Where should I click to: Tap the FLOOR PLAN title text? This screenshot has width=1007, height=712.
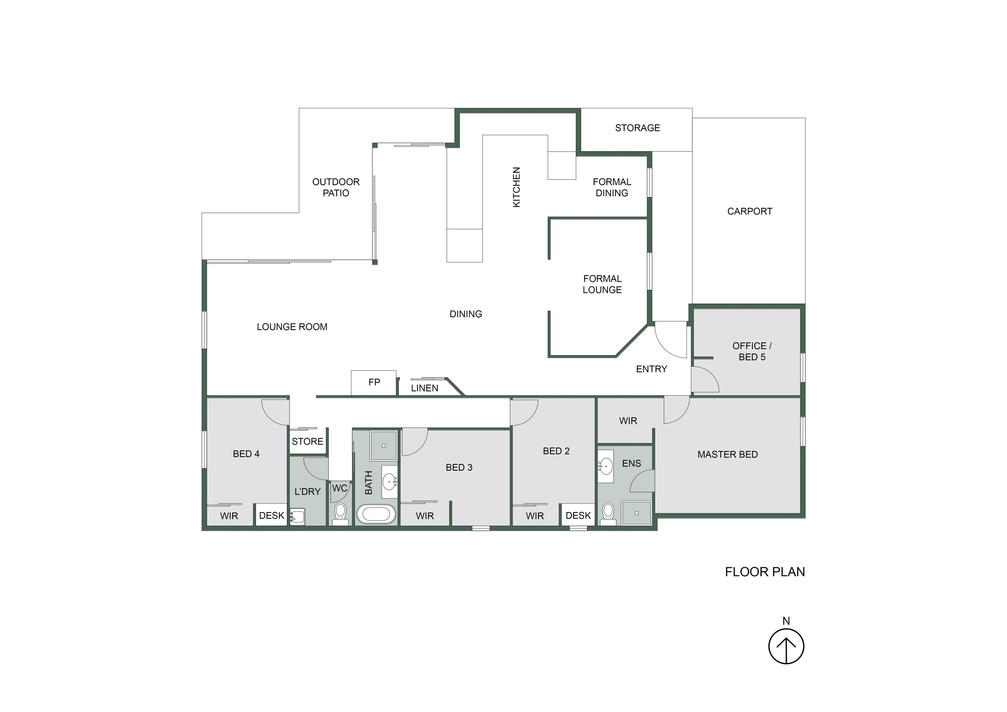tap(765, 572)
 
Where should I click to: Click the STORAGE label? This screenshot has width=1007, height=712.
tap(637, 128)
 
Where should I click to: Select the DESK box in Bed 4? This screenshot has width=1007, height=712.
tap(271, 516)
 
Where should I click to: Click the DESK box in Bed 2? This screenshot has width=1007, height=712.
tap(578, 516)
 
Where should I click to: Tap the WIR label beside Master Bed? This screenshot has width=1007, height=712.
tap(628, 421)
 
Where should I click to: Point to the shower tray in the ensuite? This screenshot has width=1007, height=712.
tap(636, 513)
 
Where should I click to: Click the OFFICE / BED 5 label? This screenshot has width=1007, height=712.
tap(752, 351)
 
